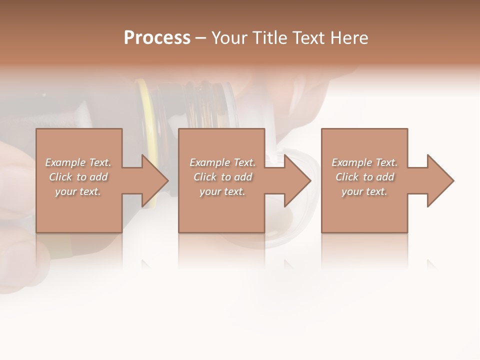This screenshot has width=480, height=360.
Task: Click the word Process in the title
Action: pyautogui.click(x=157, y=38)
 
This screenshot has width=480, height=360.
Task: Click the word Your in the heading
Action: pyautogui.click(x=229, y=38)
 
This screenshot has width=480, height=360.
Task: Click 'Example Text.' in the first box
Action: pyautogui.click(x=78, y=162)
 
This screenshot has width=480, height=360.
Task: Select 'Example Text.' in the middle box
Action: pyautogui.click(x=222, y=162)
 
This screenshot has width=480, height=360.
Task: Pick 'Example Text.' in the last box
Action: pyautogui.click(x=364, y=162)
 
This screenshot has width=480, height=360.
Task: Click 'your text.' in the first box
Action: pyautogui.click(x=78, y=191)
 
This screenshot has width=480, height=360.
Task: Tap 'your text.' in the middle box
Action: pyautogui.click(x=222, y=191)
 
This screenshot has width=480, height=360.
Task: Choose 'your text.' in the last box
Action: pyautogui.click(x=364, y=191)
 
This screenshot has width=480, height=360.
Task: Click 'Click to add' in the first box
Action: pyautogui.click(x=78, y=177)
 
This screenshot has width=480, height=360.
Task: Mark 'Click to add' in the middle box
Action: pyautogui.click(x=222, y=177)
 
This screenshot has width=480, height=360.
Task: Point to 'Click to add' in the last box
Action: pyautogui.click(x=364, y=177)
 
